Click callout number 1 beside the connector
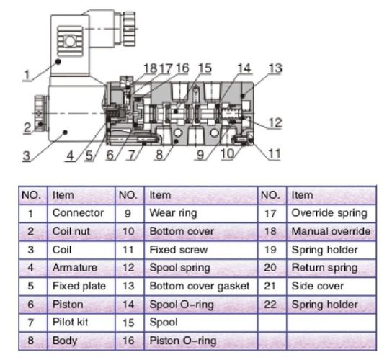[x=27, y=75]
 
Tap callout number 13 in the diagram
[x=275, y=68]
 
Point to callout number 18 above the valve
[x=151, y=68]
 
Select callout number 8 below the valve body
[x=159, y=155]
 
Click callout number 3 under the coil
[x=27, y=156]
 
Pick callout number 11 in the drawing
[x=275, y=153]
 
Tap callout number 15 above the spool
[x=205, y=68]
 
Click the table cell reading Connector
[x=78, y=213]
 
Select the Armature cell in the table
[x=75, y=268]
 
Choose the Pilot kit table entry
[x=71, y=322]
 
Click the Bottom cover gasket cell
[x=200, y=286]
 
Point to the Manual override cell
[x=331, y=231]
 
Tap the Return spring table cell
[x=324, y=268]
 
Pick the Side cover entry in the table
[x=317, y=286]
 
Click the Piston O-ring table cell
[x=183, y=341]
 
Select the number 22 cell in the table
[x=270, y=305]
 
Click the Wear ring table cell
[x=173, y=213]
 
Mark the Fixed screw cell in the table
[x=179, y=250]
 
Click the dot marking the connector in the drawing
[x=58, y=62]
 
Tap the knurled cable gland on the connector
[x=129, y=29]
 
